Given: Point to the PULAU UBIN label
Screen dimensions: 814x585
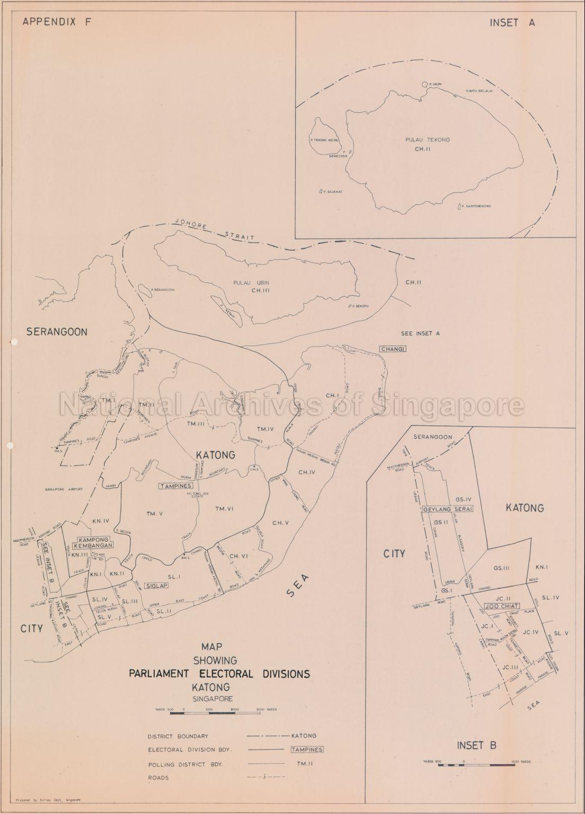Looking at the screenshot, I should tap(252, 282).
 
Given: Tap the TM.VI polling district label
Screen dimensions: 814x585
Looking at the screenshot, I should tap(226, 509).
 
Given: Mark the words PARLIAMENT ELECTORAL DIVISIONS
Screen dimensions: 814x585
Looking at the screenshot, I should tap(218, 674).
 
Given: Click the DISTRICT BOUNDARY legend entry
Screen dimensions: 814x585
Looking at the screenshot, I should tap(178, 736).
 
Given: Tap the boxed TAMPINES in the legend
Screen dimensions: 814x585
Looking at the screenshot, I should tap(307, 749).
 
